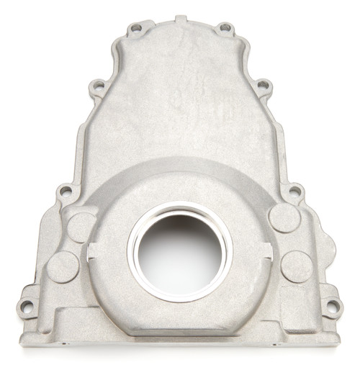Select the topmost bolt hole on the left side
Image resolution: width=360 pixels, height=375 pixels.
pyautogui.click(x=135, y=29)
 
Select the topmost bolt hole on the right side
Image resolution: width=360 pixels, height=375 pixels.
pyautogui.click(x=225, y=28)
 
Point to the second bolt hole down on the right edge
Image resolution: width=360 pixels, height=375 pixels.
pyautogui.click(x=263, y=86)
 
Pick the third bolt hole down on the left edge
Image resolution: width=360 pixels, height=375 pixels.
pyautogui.click(x=65, y=191)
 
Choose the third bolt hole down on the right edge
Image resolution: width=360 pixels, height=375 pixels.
pyautogui.click(x=294, y=192)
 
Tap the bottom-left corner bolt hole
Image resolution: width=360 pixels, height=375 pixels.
pyautogui.click(x=27, y=306)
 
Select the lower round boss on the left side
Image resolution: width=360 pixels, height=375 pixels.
pyautogui.click(x=63, y=267)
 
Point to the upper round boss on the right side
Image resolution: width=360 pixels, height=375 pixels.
pyautogui.click(x=283, y=217)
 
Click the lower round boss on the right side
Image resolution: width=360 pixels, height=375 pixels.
pyautogui.click(x=297, y=266)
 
